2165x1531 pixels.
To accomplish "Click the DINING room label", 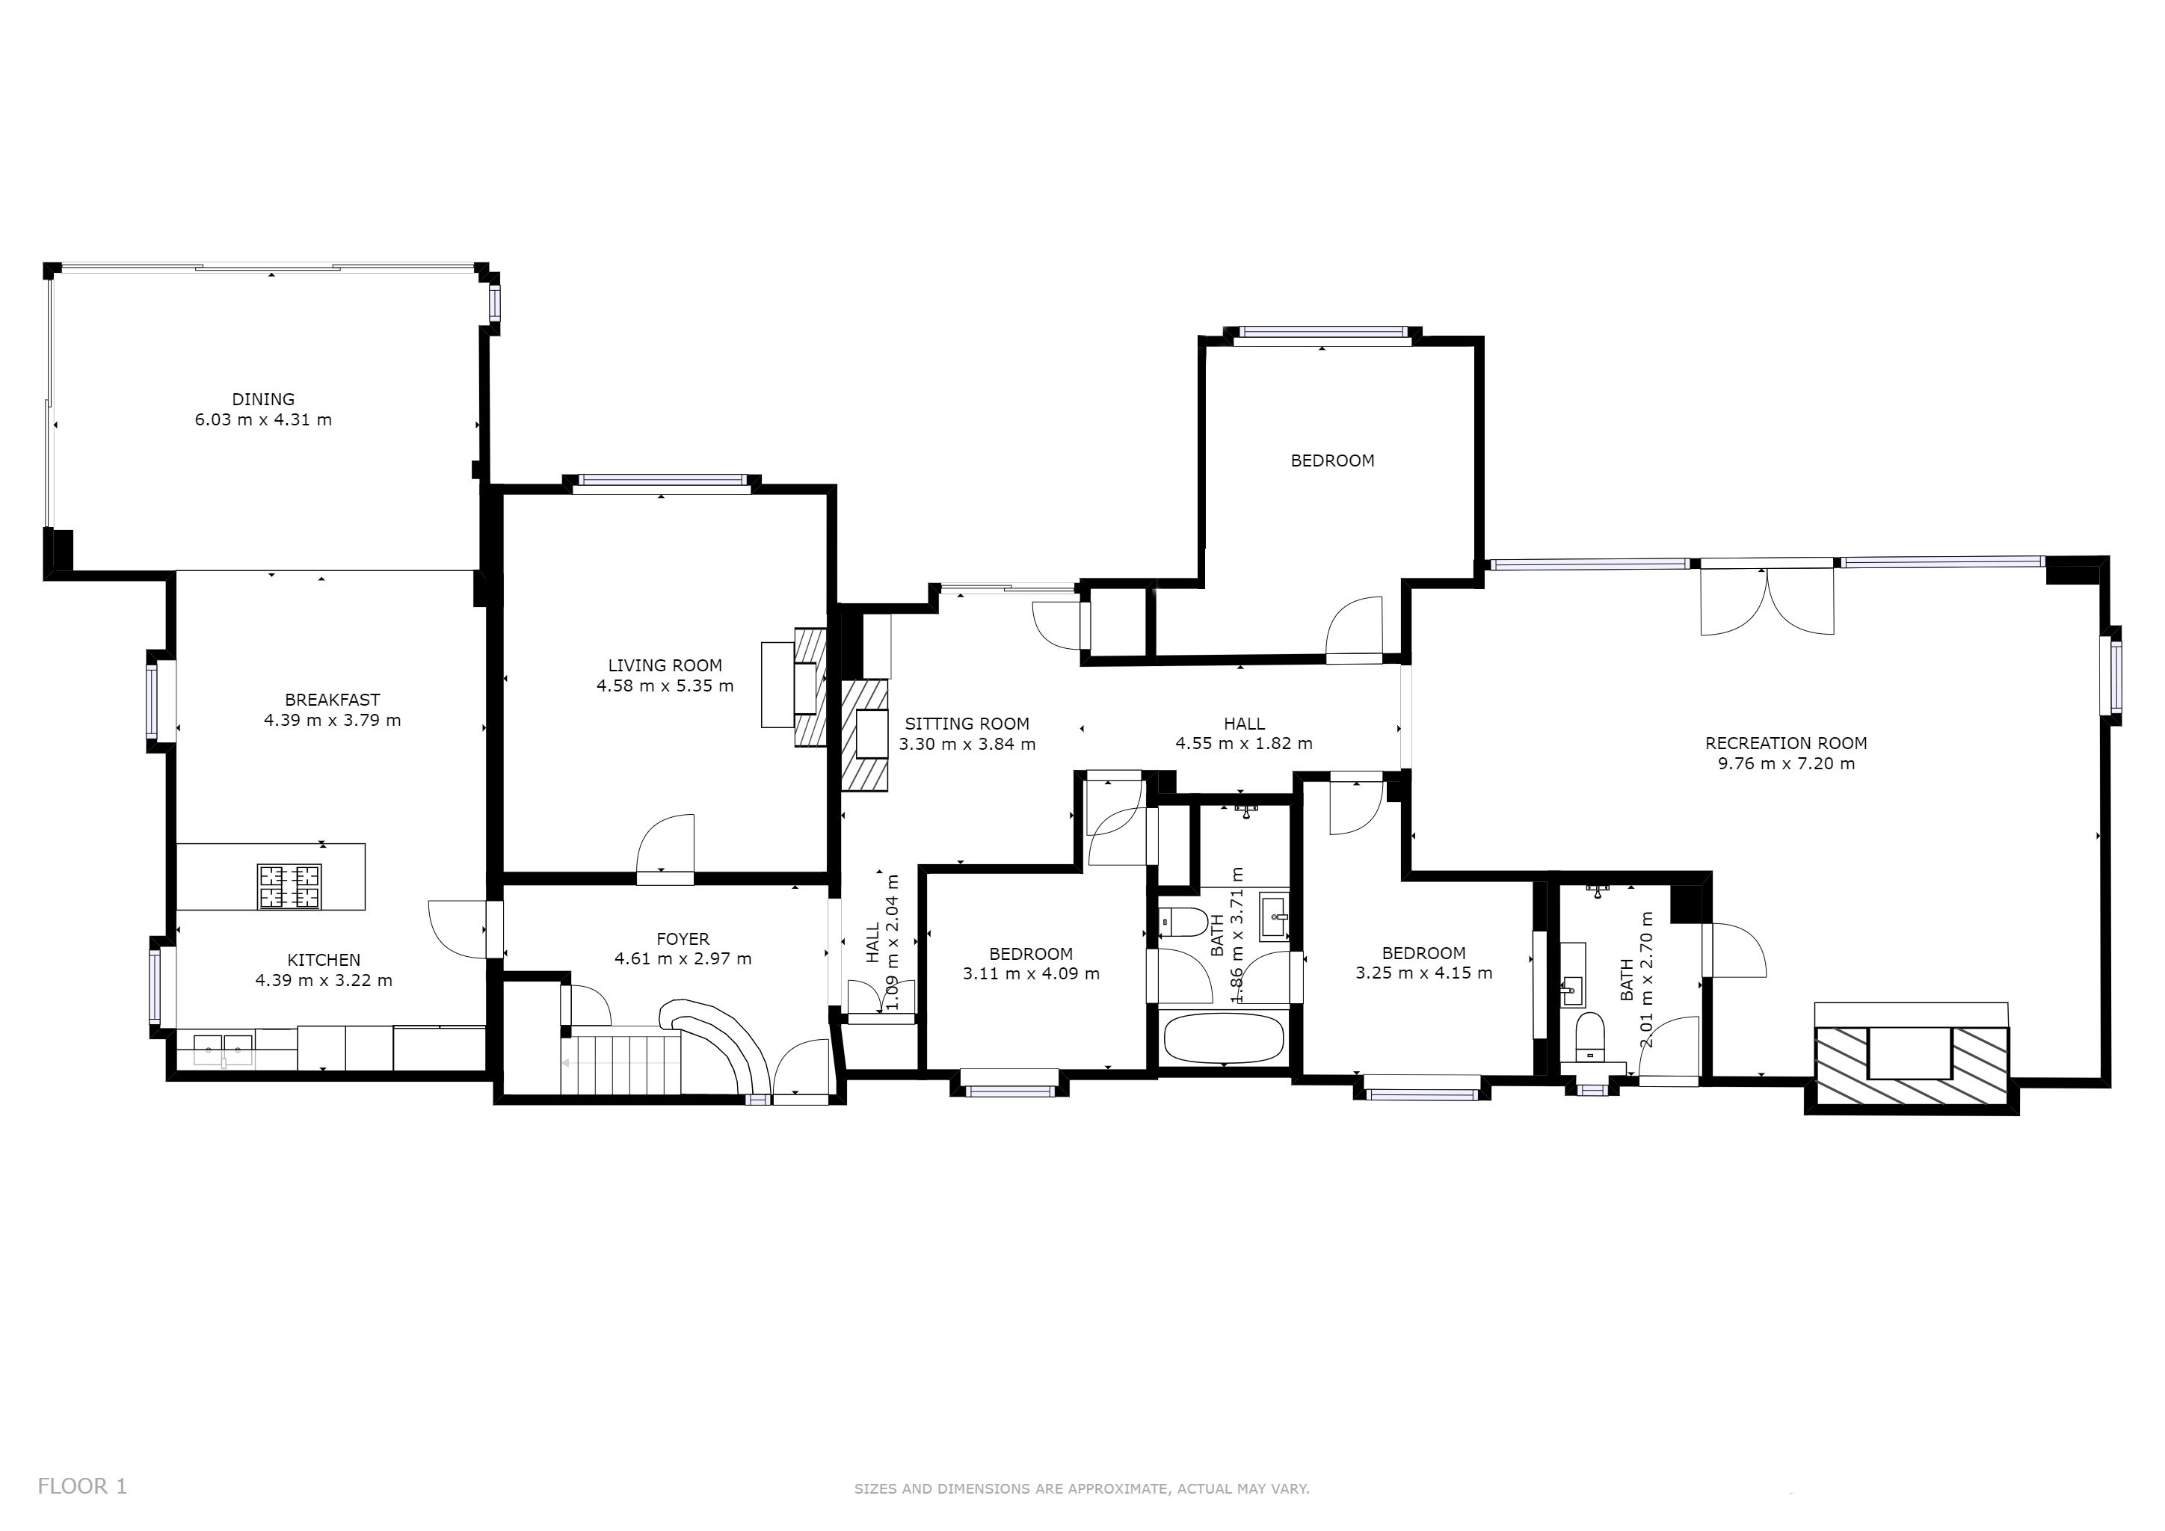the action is [x=263, y=400].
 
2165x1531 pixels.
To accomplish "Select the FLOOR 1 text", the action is [x=82, y=1487].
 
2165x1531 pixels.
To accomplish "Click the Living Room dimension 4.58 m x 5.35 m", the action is [x=665, y=686].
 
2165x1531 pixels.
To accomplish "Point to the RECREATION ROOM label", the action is [x=1786, y=743].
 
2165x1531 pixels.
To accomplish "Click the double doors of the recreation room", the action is [x=1767, y=602].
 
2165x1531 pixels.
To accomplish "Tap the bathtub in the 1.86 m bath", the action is [x=1223, y=1038].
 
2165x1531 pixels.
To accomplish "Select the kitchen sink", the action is [x=224, y=1048].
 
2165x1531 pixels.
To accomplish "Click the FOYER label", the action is [x=683, y=939].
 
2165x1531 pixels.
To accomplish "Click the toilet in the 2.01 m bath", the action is [x=1590, y=1035].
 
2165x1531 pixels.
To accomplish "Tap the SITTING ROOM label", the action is [x=967, y=724].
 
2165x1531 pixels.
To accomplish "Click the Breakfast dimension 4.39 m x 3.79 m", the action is [x=332, y=720].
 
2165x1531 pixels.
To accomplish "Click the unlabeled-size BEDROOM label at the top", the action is [x=1332, y=461].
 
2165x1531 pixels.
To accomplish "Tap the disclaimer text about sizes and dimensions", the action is [x=1082, y=1488].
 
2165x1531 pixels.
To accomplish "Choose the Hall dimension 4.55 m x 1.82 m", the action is [x=1244, y=744].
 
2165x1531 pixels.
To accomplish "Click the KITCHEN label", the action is [x=324, y=960].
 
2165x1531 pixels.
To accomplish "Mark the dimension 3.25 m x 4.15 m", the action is [x=1424, y=973].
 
